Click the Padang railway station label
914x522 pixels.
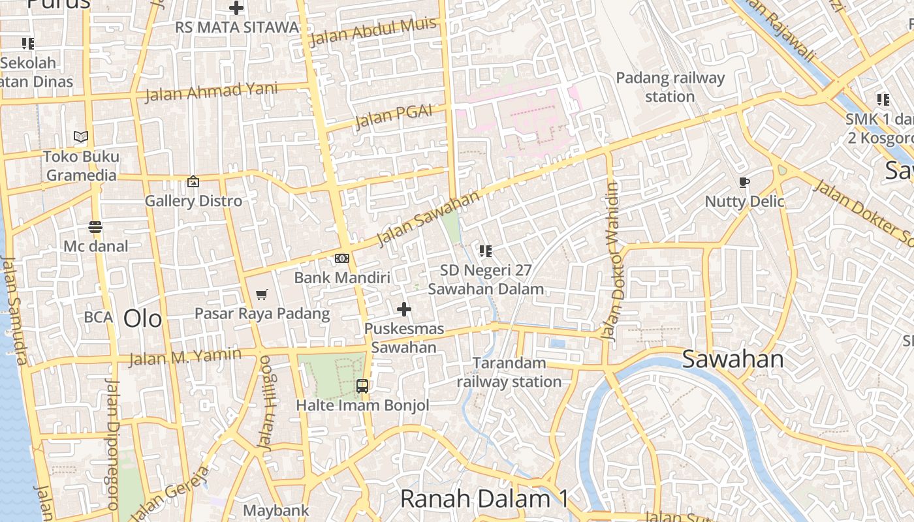[670, 87]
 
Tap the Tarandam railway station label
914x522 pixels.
[509, 372]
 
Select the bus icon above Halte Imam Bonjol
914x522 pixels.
[362, 386]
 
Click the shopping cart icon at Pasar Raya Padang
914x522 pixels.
[262, 295]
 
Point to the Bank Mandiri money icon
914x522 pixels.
[342, 258]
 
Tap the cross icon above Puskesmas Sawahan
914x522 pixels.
[404, 309]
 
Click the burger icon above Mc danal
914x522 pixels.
[95, 227]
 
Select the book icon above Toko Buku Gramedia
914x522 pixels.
[81, 137]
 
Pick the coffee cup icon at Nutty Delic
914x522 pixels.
[744, 182]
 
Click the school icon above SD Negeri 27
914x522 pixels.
[485, 251]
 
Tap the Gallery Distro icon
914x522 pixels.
[193, 181]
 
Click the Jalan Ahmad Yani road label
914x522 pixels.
[211, 92]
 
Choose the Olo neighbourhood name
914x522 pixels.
[142, 318]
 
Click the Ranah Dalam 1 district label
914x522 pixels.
[484, 499]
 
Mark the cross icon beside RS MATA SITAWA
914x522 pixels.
[236, 8]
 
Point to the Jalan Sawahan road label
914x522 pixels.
[428, 219]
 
